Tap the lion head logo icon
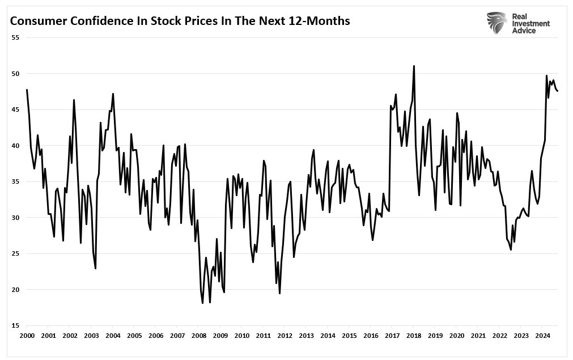[x=497, y=22]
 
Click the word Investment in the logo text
[x=531, y=23]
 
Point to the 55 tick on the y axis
[x=15, y=37]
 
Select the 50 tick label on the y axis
[x=15, y=74]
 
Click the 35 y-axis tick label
[x=15, y=181]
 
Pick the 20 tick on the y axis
[x=15, y=290]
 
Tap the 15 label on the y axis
[x=15, y=325]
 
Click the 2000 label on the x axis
[x=27, y=336]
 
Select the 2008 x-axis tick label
[x=198, y=336]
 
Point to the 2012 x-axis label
[x=285, y=336]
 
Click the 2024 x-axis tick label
[x=542, y=336]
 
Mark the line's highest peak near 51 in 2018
[x=414, y=66]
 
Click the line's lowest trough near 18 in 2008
[x=203, y=303]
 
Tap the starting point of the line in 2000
[x=27, y=90]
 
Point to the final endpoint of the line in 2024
[x=557, y=91]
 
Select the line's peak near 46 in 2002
[x=74, y=100]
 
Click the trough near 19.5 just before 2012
[x=280, y=293]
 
